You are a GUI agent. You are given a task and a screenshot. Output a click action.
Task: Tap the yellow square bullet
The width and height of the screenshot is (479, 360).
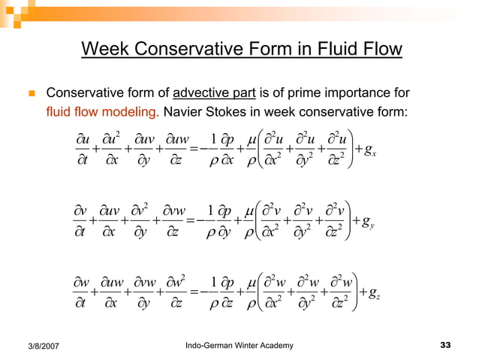30,95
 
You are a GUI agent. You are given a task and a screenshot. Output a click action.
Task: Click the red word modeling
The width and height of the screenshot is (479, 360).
133,113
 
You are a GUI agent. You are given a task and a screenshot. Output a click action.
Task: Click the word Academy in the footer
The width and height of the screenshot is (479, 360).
278,345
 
